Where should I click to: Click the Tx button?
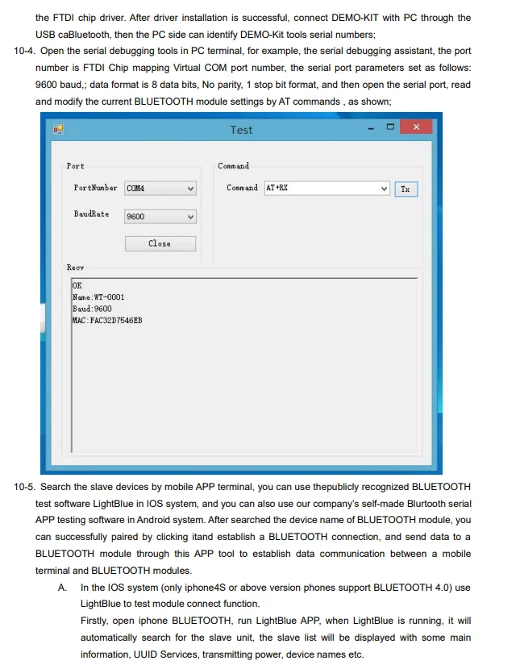point(405,189)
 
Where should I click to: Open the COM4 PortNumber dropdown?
point(160,189)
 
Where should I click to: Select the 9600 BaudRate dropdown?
point(160,217)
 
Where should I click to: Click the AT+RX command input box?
point(322,188)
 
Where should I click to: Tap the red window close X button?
point(416,127)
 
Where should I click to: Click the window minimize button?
point(372,127)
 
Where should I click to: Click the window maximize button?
point(391,127)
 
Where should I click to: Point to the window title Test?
point(241,130)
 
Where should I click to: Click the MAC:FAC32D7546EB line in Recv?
point(107,320)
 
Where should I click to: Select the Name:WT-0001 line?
point(98,297)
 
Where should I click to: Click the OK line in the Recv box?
point(77,286)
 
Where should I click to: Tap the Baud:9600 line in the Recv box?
point(93,309)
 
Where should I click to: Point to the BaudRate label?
point(91,214)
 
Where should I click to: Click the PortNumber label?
point(95,188)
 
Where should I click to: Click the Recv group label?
point(75,267)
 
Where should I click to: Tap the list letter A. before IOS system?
point(62,588)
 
